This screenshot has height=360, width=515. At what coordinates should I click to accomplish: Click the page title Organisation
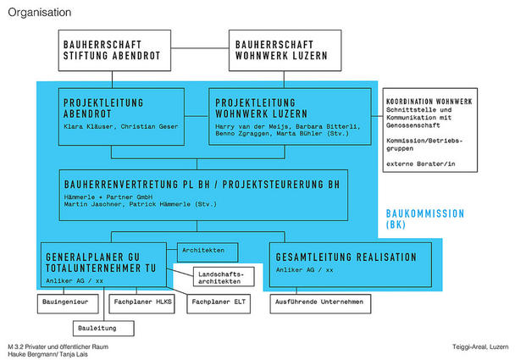click(40, 13)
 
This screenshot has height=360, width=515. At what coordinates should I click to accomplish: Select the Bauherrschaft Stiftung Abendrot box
click(114, 50)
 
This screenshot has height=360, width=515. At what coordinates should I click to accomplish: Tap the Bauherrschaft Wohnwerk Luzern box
click(285, 50)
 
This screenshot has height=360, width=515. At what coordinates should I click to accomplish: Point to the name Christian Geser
click(149, 126)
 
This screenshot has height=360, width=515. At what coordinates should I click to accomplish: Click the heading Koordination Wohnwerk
click(429, 102)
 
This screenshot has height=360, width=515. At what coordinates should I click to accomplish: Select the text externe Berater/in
click(421, 163)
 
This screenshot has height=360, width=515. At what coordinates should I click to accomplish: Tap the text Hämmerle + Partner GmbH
click(108, 197)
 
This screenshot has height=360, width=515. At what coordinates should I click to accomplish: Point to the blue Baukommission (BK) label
click(425, 219)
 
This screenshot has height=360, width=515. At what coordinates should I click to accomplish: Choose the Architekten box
click(208, 252)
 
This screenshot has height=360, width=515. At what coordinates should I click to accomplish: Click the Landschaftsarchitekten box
click(224, 277)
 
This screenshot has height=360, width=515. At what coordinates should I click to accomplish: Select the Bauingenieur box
click(68, 303)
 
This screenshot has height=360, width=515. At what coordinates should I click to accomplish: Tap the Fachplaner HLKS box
click(142, 303)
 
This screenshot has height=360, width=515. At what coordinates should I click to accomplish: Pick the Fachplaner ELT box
click(219, 303)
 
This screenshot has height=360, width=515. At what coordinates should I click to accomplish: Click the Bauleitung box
click(103, 329)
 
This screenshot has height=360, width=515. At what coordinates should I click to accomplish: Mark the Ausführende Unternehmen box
click(320, 303)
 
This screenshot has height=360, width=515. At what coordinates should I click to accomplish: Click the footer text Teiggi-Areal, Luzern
click(480, 346)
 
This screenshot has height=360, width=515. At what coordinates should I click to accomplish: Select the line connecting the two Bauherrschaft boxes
click(200, 48)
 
